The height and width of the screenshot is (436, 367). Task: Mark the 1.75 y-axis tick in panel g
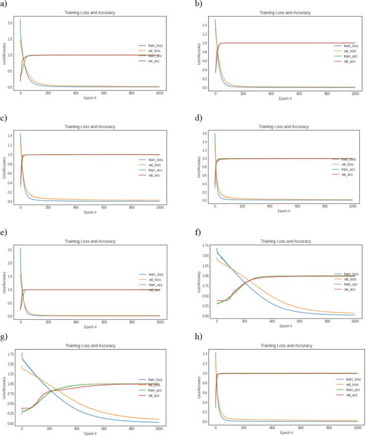10,354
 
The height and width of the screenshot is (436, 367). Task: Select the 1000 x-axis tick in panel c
159,207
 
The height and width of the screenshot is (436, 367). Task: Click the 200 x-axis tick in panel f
245,322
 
